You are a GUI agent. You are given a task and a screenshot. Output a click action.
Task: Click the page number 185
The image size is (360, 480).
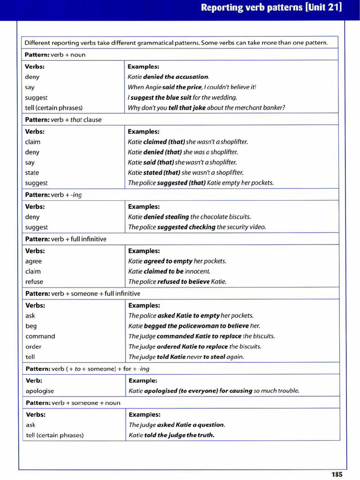[337, 474]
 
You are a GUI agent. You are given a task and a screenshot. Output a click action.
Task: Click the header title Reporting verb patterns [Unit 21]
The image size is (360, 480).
[271, 7]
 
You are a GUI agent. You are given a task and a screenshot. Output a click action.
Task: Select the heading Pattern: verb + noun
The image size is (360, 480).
[55, 55]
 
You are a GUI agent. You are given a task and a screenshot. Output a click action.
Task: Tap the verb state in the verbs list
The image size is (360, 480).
[32, 172]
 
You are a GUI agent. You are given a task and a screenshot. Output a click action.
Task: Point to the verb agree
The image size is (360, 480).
[33, 261]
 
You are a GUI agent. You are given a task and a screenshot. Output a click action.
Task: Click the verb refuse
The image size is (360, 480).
[34, 282]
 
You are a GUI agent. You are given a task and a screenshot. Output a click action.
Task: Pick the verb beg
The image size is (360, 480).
[31, 326]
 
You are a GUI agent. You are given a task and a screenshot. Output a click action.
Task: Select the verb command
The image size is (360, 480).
[40, 336]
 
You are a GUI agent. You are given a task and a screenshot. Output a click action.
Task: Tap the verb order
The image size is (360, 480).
[33, 346]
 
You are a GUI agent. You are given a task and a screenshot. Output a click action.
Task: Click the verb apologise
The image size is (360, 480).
[39, 390]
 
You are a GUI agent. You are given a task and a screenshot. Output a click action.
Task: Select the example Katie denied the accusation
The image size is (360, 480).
[168, 77]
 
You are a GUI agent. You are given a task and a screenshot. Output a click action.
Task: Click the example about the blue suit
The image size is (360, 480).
[182, 97]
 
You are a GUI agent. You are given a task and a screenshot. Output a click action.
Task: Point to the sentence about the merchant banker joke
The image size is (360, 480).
[206, 108]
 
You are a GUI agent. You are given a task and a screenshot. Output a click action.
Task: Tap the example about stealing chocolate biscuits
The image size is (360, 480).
[189, 217]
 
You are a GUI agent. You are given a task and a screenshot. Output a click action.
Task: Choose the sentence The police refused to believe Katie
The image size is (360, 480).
[177, 282]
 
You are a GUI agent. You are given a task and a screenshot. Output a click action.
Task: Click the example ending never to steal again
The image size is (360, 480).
[186, 357]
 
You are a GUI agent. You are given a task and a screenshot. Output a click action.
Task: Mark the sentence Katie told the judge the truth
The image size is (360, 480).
[171, 435]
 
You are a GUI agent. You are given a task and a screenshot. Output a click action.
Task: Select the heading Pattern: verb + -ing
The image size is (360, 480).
[53, 195]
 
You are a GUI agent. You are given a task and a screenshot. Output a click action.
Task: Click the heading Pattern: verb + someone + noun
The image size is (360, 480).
[73, 403]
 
